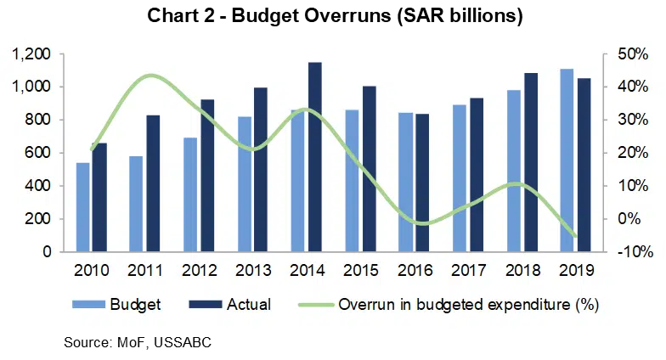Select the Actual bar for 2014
click(x=314, y=157)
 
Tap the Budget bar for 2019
click(x=567, y=160)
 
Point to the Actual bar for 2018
click(x=531, y=162)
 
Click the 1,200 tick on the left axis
click(x=32, y=54)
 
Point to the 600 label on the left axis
click(x=38, y=153)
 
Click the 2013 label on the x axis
click(x=253, y=272)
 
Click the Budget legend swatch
click(x=89, y=304)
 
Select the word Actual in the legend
click(x=249, y=304)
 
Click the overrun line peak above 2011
click(x=149, y=76)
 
